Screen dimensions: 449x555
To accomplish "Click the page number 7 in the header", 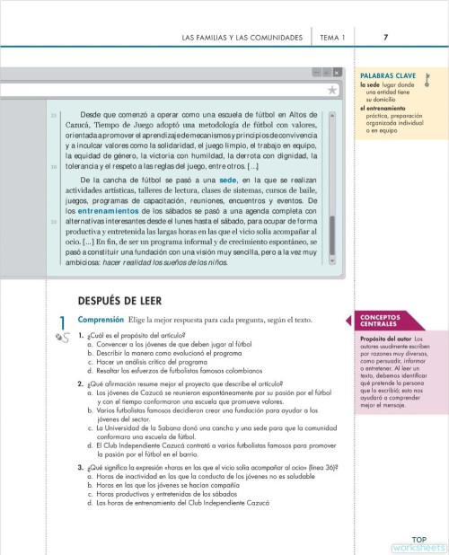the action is pos(385,37).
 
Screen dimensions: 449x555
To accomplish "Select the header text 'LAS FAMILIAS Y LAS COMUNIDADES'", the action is pos(242,37).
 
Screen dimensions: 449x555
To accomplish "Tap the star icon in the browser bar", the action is pos(332,90).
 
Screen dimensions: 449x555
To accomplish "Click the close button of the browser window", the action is pos(337,72).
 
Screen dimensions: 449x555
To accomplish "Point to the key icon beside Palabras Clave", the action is pos(428,79).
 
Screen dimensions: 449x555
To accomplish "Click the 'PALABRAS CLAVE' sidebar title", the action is pos(387,77).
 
